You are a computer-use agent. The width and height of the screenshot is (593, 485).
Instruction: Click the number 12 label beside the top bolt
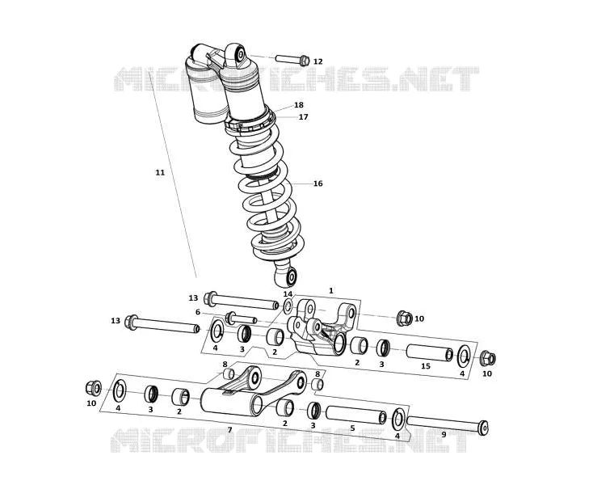[318, 61]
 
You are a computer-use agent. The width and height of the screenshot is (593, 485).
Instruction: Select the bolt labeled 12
[292, 60]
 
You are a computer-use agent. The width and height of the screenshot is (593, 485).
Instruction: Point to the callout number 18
[299, 105]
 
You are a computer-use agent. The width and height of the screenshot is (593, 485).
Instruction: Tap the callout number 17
[303, 117]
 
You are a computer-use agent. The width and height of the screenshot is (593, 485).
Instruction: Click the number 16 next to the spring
[318, 183]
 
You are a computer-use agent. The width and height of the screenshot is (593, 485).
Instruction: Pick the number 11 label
[160, 172]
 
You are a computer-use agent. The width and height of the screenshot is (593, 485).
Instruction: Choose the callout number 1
[331, 290]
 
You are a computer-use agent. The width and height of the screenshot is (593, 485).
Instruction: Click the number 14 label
[288, 294]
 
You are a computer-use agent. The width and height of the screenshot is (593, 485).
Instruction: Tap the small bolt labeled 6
[242, 318]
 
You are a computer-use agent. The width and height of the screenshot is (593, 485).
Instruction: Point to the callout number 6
[197, 312]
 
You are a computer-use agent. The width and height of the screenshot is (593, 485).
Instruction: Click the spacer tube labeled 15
[429, 352]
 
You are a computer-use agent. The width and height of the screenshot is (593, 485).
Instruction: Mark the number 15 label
[426, 366]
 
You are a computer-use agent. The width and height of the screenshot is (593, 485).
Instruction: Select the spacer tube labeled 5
[356, 415]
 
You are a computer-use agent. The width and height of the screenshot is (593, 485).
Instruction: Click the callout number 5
[352, 428]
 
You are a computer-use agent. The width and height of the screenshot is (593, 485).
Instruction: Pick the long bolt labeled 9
[448, 426]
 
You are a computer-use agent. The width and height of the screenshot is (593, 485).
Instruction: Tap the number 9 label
[444, 434]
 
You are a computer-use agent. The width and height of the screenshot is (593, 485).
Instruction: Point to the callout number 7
[229, 429]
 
